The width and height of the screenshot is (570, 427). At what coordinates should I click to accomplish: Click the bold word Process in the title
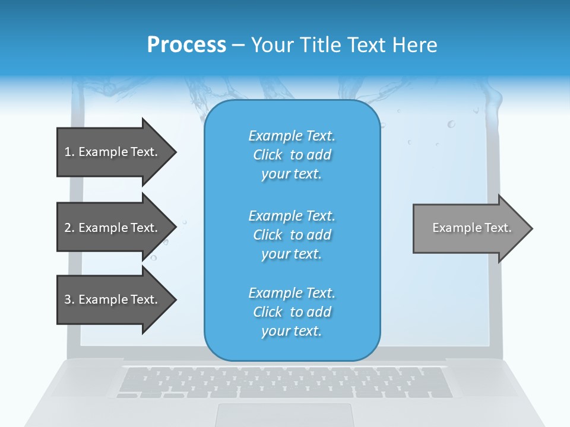(186, 45)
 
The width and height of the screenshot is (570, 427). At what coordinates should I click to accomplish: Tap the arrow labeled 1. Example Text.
(111, 152)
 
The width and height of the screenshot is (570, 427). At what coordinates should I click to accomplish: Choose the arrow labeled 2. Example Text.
(111, 228)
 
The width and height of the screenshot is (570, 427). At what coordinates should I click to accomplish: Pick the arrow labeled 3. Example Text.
(111, 299)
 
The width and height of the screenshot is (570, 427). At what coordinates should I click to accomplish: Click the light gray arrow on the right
(469, 228)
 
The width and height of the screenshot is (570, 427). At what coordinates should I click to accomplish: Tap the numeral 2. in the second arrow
(69, 228)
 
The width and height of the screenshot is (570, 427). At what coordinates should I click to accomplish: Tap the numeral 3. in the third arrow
(69, 299)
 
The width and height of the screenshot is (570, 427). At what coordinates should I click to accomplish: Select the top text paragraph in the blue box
(292, 155)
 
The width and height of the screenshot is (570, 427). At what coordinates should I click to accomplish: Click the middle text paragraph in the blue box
(292, 235)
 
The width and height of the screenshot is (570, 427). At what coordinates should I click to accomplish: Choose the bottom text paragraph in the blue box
(292, 312)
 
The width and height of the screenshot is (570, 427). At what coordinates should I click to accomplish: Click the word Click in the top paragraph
(268, 155)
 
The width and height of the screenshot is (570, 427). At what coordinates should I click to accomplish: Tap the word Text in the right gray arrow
(498, 228)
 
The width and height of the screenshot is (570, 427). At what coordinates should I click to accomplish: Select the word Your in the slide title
(272, 45)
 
